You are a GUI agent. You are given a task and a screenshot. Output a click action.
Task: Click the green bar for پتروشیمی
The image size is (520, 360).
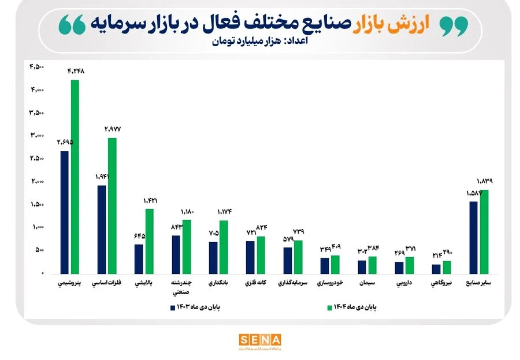[75, 176]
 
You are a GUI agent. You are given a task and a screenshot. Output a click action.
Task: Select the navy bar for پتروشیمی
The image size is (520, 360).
[65, 212]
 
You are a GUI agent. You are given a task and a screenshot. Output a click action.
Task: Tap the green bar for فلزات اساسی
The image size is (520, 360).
[112, 205]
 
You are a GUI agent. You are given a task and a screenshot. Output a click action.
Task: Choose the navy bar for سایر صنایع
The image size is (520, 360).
[473, 237]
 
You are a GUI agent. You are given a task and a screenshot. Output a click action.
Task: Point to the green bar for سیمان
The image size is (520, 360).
[372, 265]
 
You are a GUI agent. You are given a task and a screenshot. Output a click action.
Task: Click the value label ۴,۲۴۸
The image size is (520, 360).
[76, 71]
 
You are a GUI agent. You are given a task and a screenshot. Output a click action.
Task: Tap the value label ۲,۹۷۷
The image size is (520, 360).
[112, 129]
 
